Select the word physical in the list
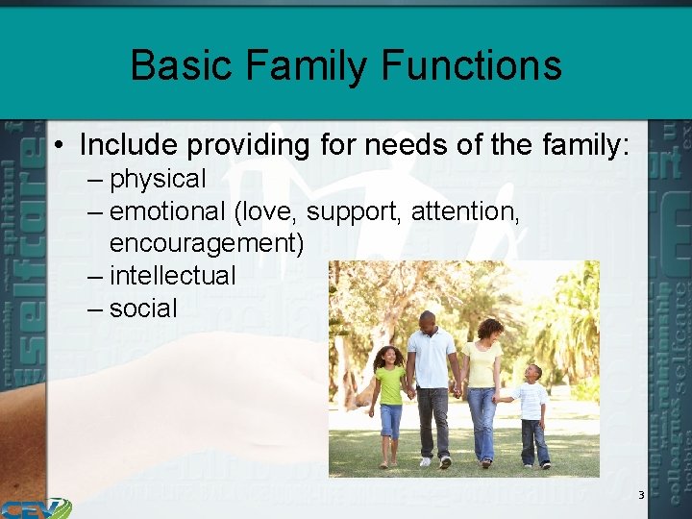tap(158, 180)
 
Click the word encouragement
tap(206, 244)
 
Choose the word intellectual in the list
tap(172, 276)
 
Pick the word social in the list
tap(143, 309)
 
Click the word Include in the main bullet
tap(130, 145)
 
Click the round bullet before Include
tap(60, 146)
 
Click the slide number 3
tap(641, 495)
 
